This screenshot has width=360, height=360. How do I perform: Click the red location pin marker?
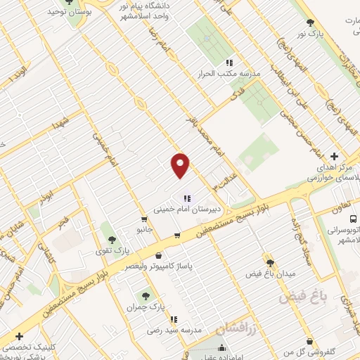coord(181,165)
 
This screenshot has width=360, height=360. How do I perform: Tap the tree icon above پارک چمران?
coord(146,296)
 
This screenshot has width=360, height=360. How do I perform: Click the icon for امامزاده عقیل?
coord(222,347)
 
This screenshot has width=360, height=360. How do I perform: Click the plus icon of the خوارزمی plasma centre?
coord(334,155)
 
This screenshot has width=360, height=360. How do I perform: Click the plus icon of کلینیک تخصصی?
coord(19,336)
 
